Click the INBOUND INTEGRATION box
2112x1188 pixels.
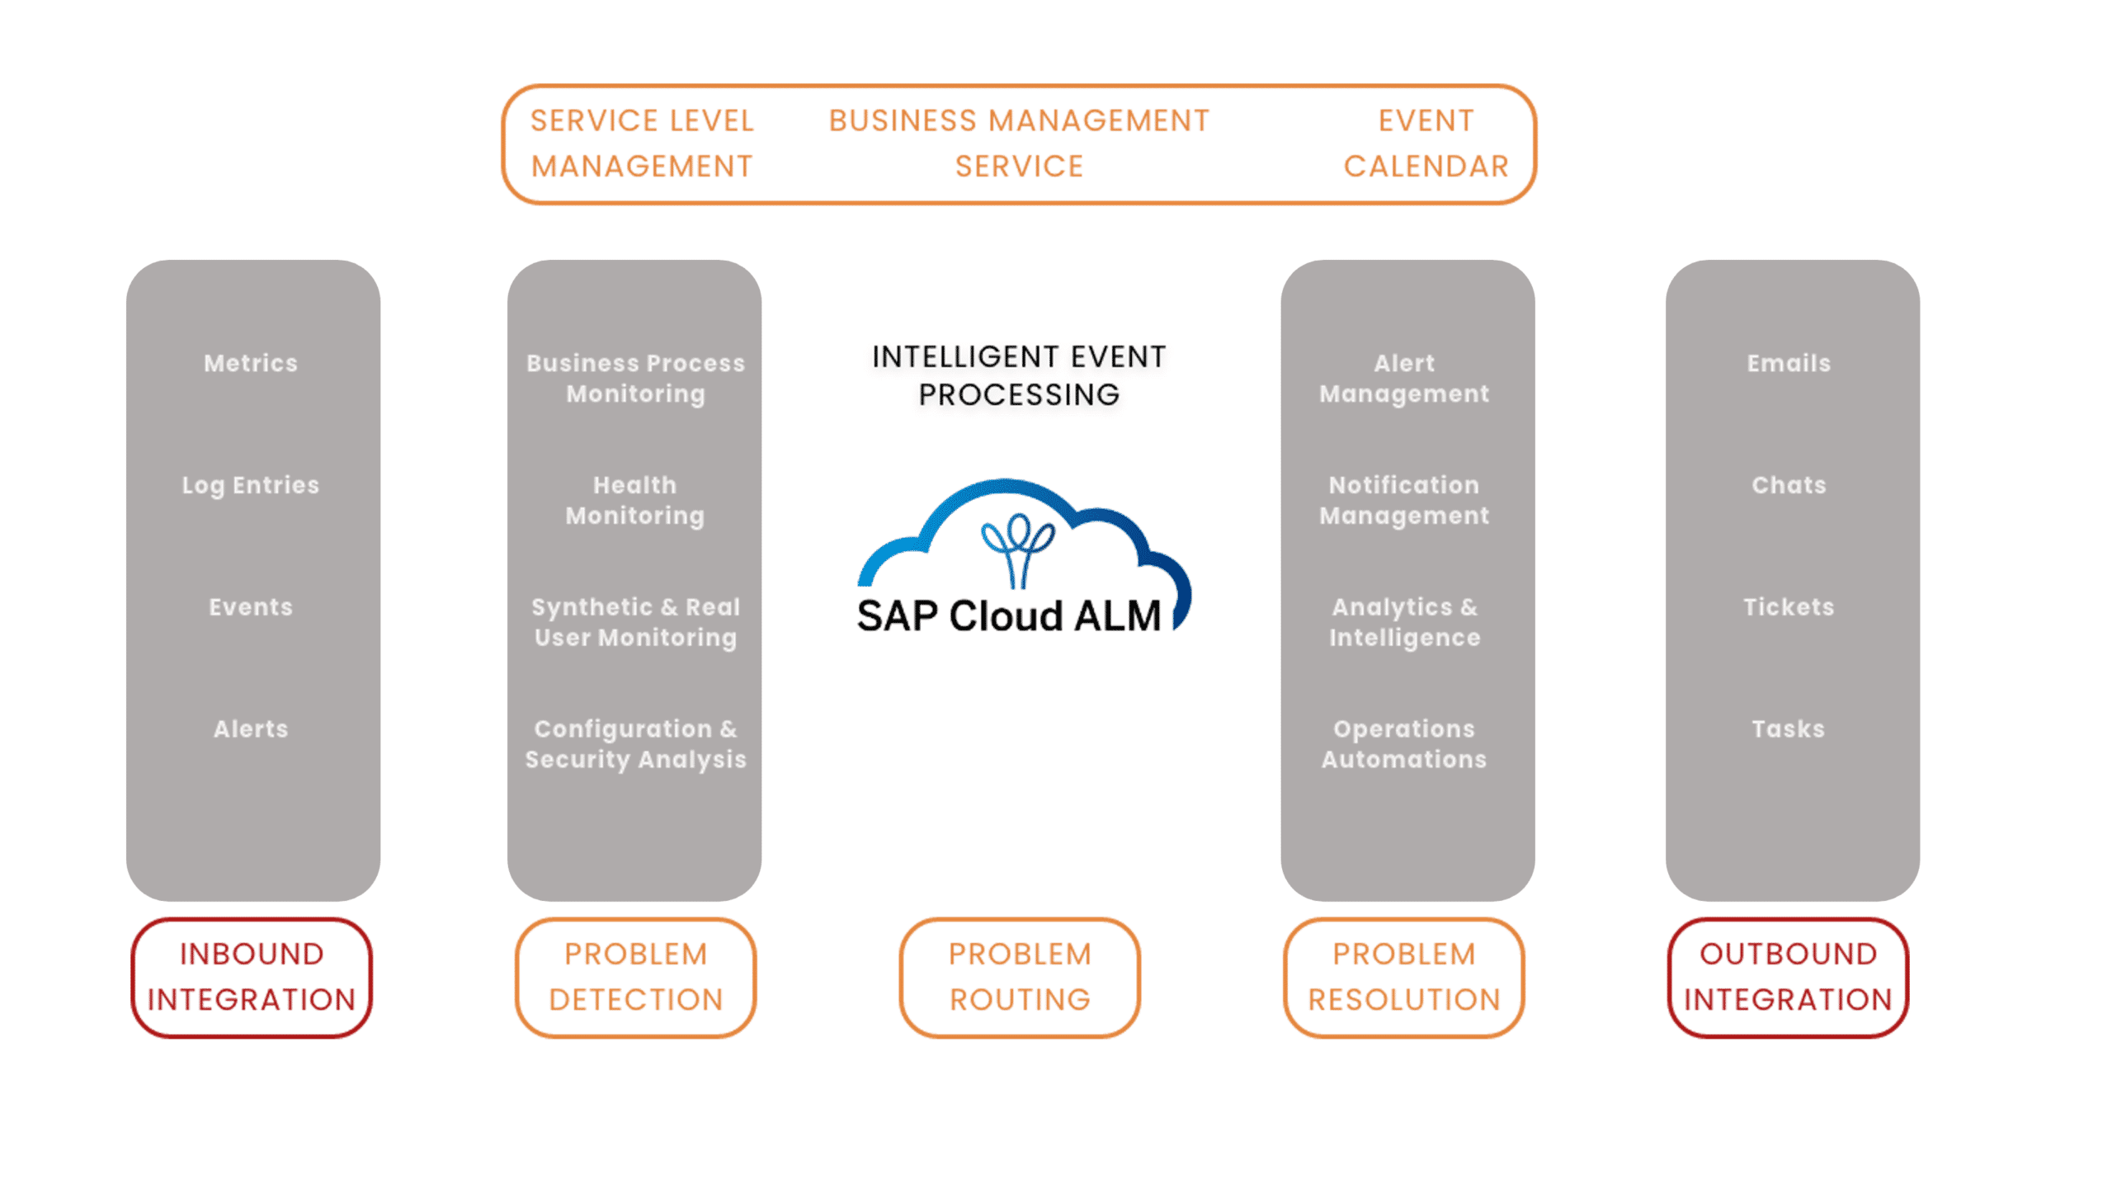[x=252, y=977]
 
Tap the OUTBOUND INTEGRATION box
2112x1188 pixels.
[x=1788, y=977]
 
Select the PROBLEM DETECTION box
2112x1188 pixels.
[x=635, y=977]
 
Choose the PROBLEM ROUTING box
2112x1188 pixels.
[x=1020, y=977]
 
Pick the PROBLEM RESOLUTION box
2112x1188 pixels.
[x=1403, y=977]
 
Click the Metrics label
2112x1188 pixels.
[x=251, y=363]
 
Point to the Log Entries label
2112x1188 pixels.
[x=251, y=485]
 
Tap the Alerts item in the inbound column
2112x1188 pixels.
[x=251, y=729]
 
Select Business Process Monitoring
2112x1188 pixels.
[x=635, y=378]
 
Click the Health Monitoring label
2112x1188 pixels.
[x=635, y=500]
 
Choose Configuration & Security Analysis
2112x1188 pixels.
[x=635, y=744]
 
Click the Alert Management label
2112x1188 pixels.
[x=1404, y=378]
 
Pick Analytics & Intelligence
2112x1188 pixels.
[x=1404, y=622]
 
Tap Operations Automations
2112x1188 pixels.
[x=1404, y=744]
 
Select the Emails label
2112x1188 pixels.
[x=1789, y=363]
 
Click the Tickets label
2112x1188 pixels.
[x=1789, y=607]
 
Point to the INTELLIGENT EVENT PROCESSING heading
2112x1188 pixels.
[x=1020, y=376]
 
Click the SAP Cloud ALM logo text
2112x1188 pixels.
[x=1008, y=615]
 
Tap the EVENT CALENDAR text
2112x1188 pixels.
[x=1426, y=144]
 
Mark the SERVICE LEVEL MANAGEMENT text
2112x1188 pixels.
[x=642, y=144]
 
